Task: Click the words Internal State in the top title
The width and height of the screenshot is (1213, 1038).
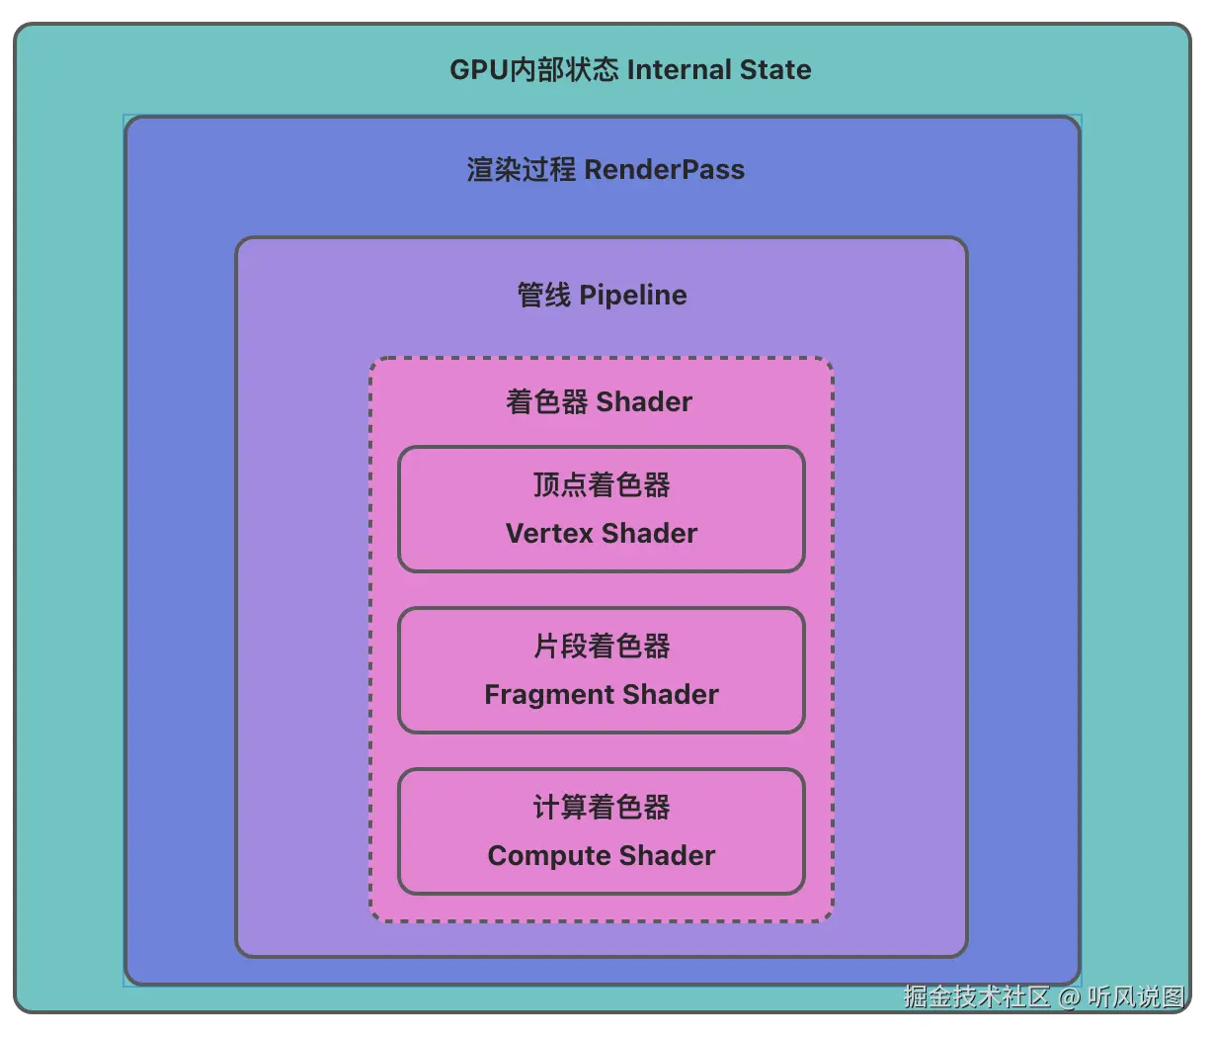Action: [x=718, y=70]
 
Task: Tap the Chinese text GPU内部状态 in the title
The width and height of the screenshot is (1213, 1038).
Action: [x=533, y=70]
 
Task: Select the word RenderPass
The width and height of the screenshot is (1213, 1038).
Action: [x=664, y=170]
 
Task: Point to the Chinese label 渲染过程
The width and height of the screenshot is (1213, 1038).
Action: [x=521, y=170]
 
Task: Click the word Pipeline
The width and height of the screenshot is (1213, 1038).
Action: [x=633, y=296]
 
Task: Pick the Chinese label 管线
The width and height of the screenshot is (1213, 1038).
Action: [x=543, y=296]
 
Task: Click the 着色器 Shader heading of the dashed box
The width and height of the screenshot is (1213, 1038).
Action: [x=600, y=402]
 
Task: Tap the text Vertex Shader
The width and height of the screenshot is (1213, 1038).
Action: [x=602, y=534]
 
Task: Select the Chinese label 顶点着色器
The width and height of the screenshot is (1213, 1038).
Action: [x=602, y=485]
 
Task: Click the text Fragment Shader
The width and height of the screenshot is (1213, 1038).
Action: [x=602, y=695]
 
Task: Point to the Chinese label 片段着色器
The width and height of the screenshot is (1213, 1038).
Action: [x=602, y=647]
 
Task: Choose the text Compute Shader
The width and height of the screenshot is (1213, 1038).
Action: [x=602, y=856]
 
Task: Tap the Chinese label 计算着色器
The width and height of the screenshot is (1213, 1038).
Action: [x=602, y=808]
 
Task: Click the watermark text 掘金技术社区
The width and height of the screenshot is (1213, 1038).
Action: [x=976, y=996]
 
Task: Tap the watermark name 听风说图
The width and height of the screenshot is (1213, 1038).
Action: [x=1135, y=996]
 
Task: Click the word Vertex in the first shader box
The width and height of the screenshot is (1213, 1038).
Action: [x=549, y=534]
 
